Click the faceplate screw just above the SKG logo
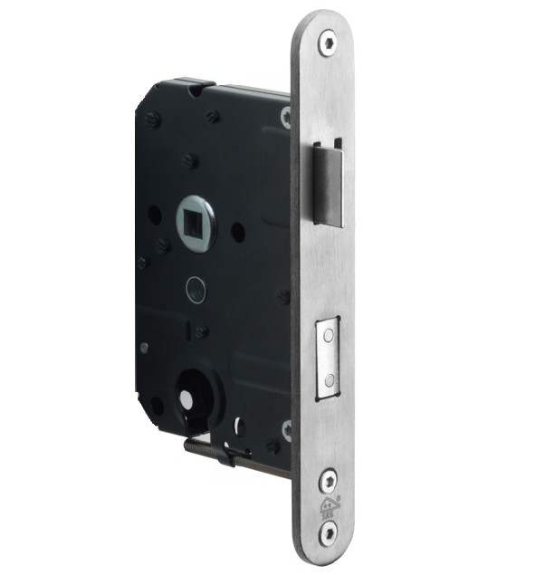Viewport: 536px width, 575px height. (x=325, y=475)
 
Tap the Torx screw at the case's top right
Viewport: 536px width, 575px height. (x=285, y=115)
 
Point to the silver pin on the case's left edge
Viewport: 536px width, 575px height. (x=143, y=347)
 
